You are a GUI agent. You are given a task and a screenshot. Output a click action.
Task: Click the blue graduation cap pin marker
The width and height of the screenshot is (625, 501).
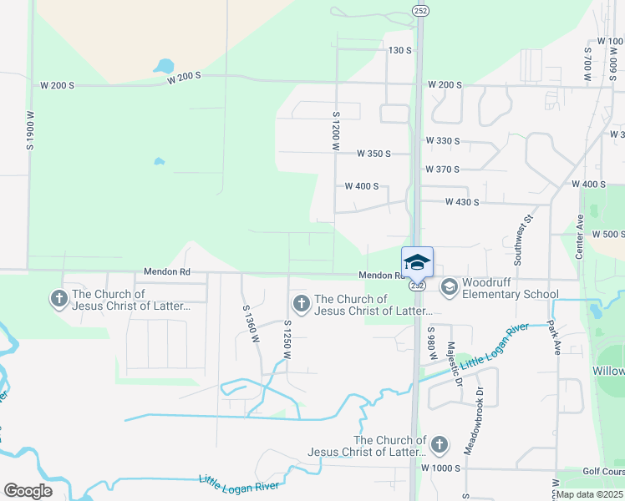pyautogui.click(x=417, y=262)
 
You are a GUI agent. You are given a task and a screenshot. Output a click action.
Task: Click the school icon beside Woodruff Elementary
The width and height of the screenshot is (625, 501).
pyautogui.click(x=449, y=288)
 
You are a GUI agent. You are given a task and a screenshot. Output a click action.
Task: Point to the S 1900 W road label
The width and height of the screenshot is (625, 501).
pyautogui.click(x=30, y=130)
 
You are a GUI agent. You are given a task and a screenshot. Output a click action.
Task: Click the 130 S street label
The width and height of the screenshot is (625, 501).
pyautogui.click(x=400, y=50)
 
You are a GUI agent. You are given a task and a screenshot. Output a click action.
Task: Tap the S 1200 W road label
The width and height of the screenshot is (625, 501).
pyautogui.click(x=336, y=131)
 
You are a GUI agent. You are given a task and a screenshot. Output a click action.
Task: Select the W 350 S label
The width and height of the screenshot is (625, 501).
pyautogui.click(x=373, y=154)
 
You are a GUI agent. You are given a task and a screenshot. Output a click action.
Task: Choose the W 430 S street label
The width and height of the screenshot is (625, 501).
pyautogui.click(x=462, y=202)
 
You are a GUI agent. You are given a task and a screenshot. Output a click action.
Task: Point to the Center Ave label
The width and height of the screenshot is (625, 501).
pyautogui.click(x=579, y=235)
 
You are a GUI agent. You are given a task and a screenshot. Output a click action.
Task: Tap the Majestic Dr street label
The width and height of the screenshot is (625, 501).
pyautogui.click(x=454, y=364)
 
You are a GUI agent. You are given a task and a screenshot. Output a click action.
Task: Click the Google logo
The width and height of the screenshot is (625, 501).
pyautogui.click(x=28, y=491)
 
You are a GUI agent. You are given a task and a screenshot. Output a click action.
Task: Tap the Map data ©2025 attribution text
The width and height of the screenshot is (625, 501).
pyautogui.click(x=589, y=494)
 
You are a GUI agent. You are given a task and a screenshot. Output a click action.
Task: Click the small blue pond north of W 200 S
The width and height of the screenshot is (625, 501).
pyautogui.click(x=163, y=66)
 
